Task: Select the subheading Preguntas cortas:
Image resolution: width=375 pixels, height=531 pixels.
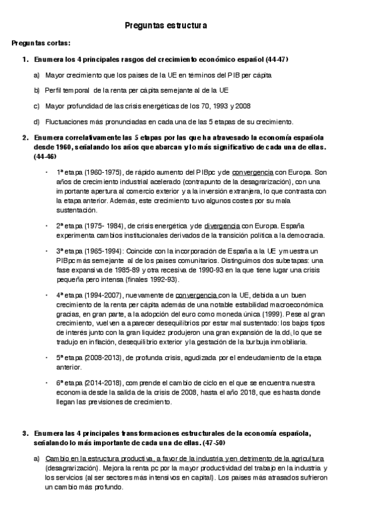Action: [x=41, y=43]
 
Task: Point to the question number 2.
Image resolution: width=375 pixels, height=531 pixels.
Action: [x=24, y=137]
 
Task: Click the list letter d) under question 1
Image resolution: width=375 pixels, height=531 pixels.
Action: [x=37, y=121]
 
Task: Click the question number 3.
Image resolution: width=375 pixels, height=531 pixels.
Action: [x=24, y=433]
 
